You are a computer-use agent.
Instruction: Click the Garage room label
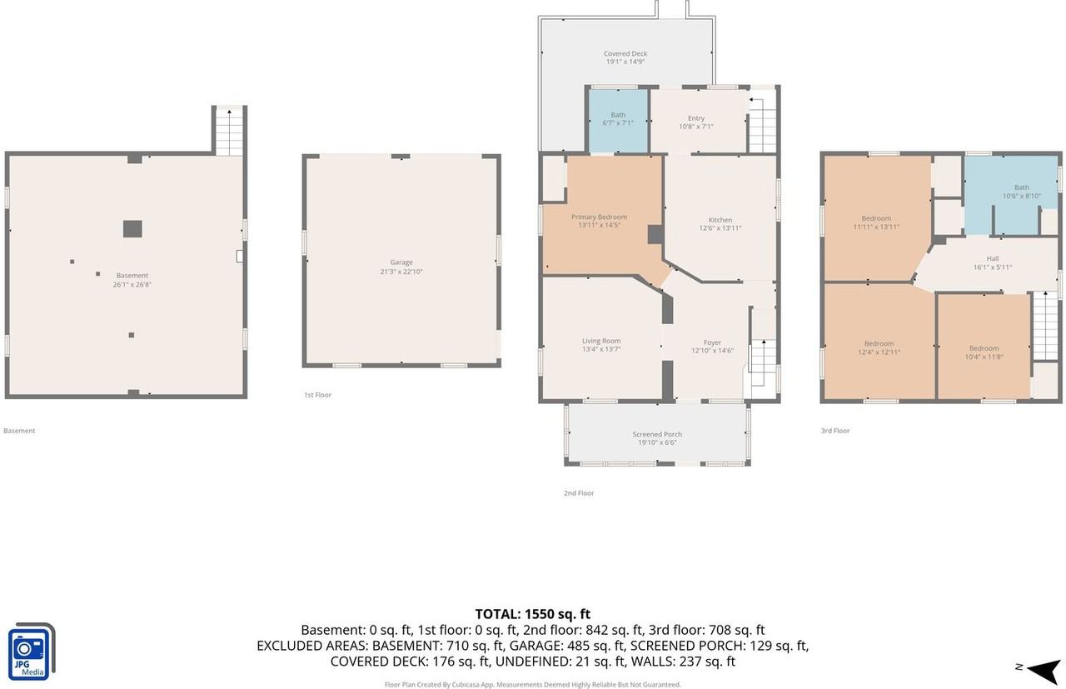(x=401, y=262)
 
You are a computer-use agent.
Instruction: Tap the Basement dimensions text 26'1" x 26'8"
(x=132, y=285)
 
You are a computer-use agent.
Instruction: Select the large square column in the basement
(x=132, y=228)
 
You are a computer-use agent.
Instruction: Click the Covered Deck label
(x=625, y=54)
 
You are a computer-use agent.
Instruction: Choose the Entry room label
(x=696, y=118)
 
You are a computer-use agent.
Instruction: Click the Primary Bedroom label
(x=600, y=217)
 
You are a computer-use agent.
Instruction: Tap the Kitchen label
(x=720, y=221)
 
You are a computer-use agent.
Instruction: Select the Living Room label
(x=601, y=341)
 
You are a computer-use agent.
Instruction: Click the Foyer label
(x=712, y=342)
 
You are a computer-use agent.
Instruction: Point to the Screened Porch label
(x=657, y=434)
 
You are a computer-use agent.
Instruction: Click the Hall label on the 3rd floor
(x=992, y=258)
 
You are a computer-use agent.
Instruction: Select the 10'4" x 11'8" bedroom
(x=984, y=352)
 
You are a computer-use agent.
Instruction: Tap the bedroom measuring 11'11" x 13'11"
(x=876, y=222)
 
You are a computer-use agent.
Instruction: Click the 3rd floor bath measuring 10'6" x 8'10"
(x=1021, y=192)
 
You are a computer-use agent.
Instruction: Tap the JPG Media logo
(x=31, y=652)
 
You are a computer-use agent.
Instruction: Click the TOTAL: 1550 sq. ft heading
(x=532, y=614)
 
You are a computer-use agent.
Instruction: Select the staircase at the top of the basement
(x=229, y=132)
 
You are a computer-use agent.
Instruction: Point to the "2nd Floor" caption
(x=579, y=493)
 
